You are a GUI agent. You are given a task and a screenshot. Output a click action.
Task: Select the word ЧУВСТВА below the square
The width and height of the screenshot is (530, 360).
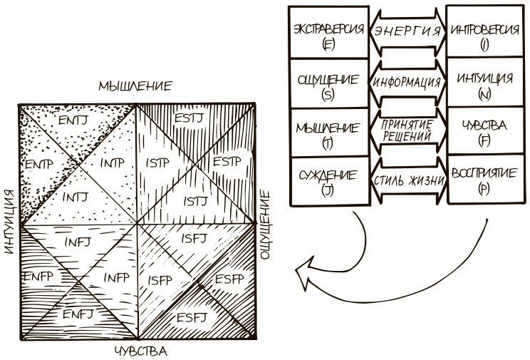(x=140, y=351)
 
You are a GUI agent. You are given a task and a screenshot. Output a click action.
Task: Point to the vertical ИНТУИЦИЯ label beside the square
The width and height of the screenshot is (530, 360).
(x=9, y=222)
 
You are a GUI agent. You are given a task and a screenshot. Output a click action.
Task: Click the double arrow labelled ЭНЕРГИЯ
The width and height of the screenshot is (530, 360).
(x=406, y=31)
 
